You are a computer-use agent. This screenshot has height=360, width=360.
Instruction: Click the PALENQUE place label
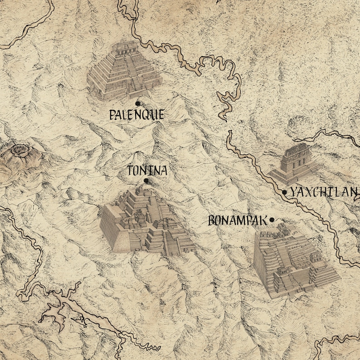[x=136, y=114]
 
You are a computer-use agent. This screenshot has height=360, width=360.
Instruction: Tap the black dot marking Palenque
[x=137, y=104]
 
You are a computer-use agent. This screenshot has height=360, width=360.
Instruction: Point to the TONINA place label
[x=147, y=171]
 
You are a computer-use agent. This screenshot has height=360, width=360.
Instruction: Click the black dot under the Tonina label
[x=146, y=181]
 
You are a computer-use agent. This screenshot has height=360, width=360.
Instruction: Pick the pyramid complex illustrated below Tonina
[x=145, y=222]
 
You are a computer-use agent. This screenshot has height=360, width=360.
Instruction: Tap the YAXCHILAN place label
[x=324, y=192]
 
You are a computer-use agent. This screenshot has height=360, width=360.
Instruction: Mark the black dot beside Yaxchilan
[x=284, y=192]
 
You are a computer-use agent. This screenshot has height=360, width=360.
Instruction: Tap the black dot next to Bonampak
[x=272, y=220]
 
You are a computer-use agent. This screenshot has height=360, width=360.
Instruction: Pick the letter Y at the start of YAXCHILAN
[x=294, y=192]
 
